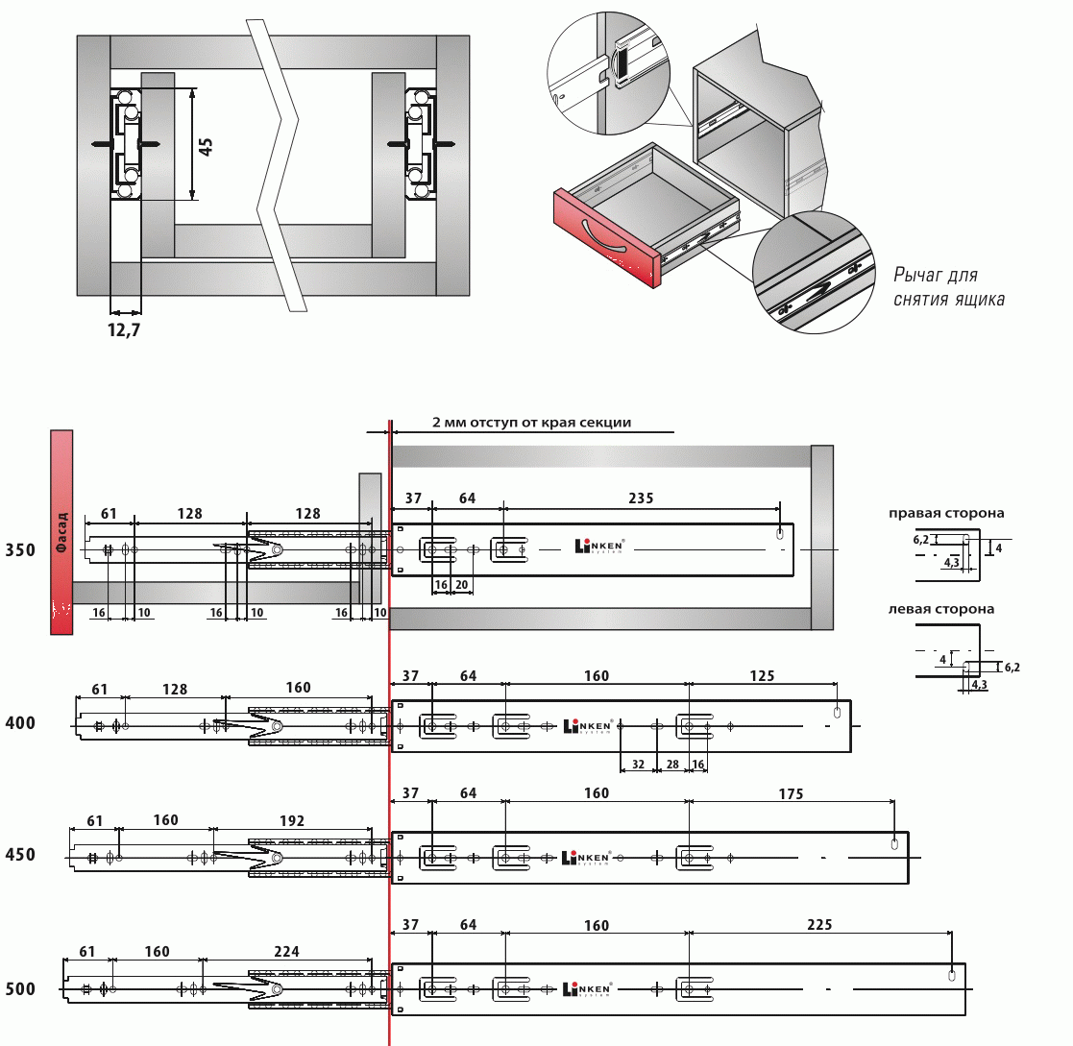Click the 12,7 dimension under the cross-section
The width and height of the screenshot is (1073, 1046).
point(124,330)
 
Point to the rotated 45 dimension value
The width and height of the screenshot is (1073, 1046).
point(206,146)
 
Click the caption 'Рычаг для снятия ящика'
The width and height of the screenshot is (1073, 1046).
point(948,287)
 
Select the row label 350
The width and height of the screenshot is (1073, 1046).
point(20,550)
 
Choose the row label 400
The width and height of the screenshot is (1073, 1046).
point(20,723)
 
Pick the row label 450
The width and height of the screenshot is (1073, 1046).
point(20,855)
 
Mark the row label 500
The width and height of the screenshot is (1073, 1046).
point(20,989)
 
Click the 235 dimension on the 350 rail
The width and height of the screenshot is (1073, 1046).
point(641,499)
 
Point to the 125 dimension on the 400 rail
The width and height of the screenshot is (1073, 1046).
point(762,676)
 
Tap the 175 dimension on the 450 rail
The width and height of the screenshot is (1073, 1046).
point(791,793)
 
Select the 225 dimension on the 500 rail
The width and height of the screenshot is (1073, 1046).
point(819,925)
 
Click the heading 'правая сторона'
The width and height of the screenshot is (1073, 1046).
point(946,513)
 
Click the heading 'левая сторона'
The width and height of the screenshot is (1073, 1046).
point(941,609)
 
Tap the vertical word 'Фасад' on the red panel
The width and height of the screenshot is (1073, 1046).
point(61,531)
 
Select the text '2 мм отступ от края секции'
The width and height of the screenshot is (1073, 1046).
point(532,422)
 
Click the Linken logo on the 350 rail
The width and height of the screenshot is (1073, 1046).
point(599,547)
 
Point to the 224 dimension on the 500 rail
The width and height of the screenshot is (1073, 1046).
point(286,952)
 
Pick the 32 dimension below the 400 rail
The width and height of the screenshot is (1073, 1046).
point(638,765)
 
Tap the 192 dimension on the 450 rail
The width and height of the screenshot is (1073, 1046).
point(291,821)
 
